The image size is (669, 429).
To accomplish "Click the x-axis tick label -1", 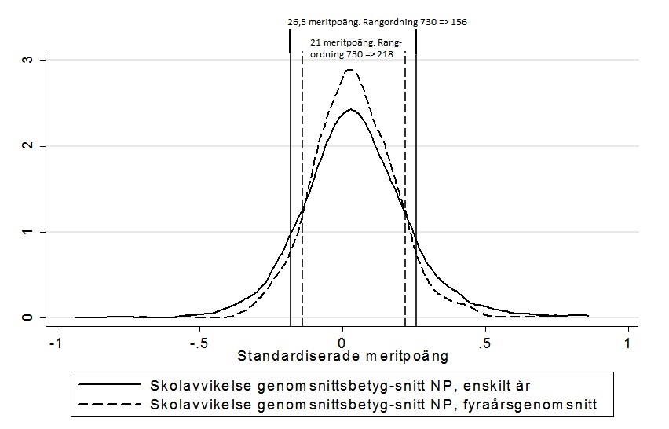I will coord(54,343).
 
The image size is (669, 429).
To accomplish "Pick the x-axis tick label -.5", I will coord(198,343).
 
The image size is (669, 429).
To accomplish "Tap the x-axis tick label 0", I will coord(342,343).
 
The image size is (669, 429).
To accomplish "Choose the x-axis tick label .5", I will coord(484,343).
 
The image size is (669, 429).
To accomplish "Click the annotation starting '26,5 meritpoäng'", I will coord(377,22).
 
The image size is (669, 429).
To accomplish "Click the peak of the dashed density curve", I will coord(351,70).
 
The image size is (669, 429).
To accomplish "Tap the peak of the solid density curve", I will coord(350,109).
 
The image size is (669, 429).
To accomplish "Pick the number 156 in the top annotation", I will coord(458,22).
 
